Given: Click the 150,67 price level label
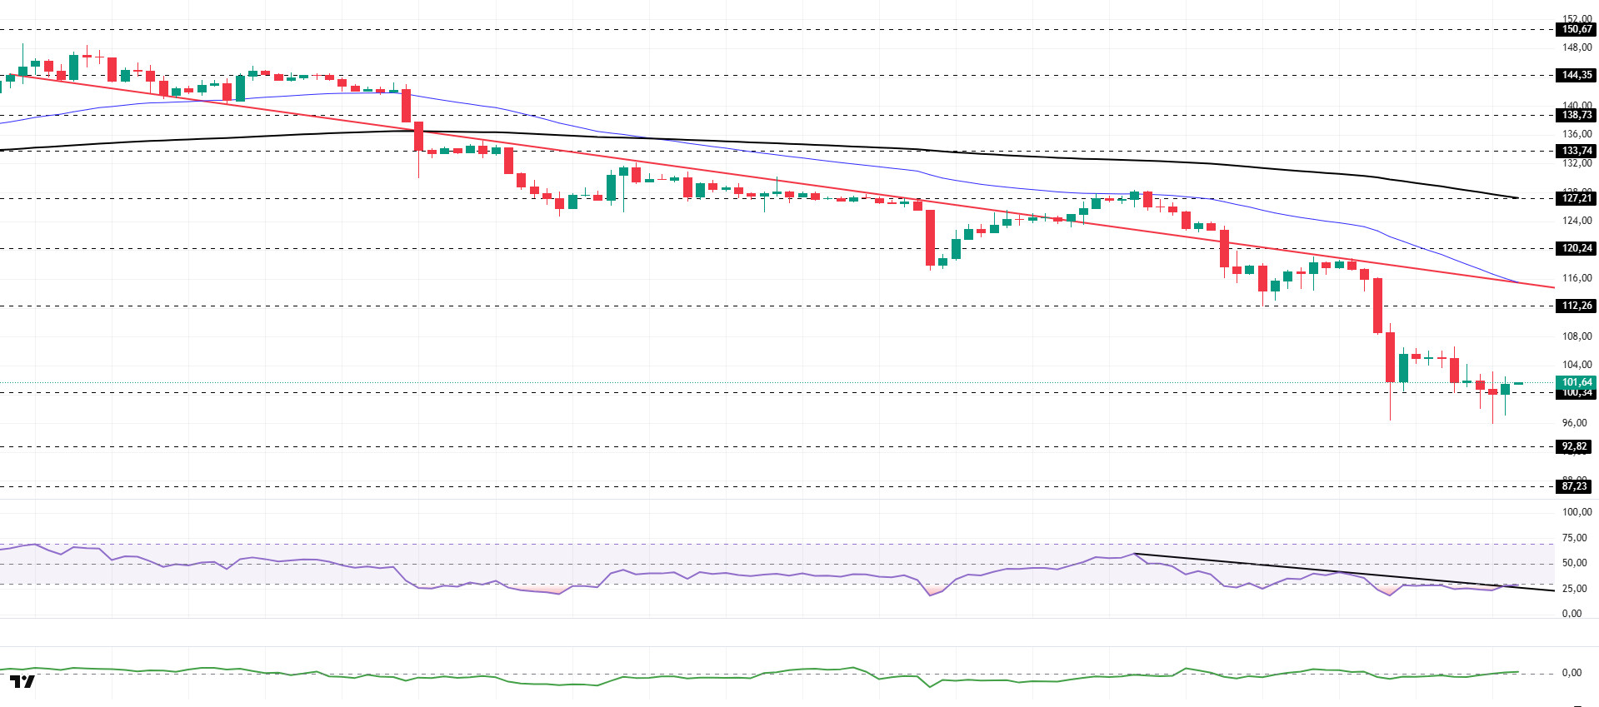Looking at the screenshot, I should (x=1576, y=29).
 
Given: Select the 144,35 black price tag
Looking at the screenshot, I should (x=1576, y=75).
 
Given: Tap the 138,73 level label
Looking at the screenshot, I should (x=1576, y=115).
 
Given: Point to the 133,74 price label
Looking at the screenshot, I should (x=1576, y=151).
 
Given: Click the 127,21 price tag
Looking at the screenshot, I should (x=1576, y=198).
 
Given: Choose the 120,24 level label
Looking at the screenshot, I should (x=1576, y=248).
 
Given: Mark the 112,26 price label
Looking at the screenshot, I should (x=1576, y=306).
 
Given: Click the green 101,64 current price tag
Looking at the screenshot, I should (x=1576, y=382).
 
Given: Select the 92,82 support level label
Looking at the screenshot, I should (x=1574, y=446).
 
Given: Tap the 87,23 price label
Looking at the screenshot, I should (x=1574, y=486).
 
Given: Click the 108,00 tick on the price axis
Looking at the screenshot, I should (x=1577, y=336).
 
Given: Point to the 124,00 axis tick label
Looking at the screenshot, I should (x=1577, y=221).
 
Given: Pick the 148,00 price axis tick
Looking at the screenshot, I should (x=1577, y=47).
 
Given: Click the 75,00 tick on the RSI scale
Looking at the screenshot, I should (x=1574, y=538).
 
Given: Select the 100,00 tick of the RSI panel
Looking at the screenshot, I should (x=1577, y=512).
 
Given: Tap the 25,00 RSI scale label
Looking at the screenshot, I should (x=1574, y=589).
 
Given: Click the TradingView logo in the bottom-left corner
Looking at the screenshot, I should (x=22, y=682).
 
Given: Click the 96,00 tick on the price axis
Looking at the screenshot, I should (x=1574, y=423).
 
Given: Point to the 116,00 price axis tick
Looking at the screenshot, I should (x=1577, y=278).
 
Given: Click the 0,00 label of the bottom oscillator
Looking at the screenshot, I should (x=1572, y=673).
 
